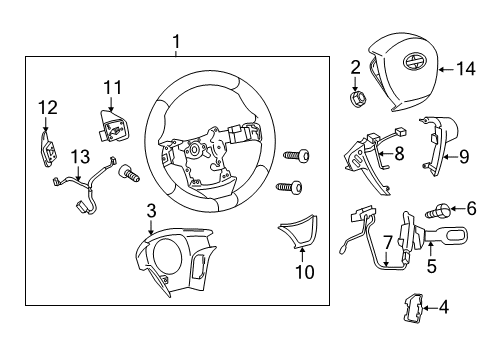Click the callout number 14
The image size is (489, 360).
point(466,69)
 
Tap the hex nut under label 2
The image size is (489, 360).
point(357,98)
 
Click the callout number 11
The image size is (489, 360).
point(113,88)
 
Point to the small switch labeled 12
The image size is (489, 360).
point(48,149)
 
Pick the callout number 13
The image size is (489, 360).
point(81,156)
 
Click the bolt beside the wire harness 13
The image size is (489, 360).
point(129,173)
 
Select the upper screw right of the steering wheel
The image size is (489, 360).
point(296,155)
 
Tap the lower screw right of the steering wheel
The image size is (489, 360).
point(289,187)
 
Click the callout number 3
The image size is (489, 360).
point(151,211)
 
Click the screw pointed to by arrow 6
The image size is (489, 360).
point(439,211)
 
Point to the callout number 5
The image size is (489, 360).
point(432,266)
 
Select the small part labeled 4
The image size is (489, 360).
point(413,308)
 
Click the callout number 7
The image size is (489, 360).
point(387,242)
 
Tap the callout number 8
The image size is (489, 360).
point(399,154)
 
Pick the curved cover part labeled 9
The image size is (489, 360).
point(440,143)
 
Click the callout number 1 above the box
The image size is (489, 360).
point(176,42)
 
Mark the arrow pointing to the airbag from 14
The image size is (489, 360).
point(446,69)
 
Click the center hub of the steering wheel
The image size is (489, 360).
point(194,149)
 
